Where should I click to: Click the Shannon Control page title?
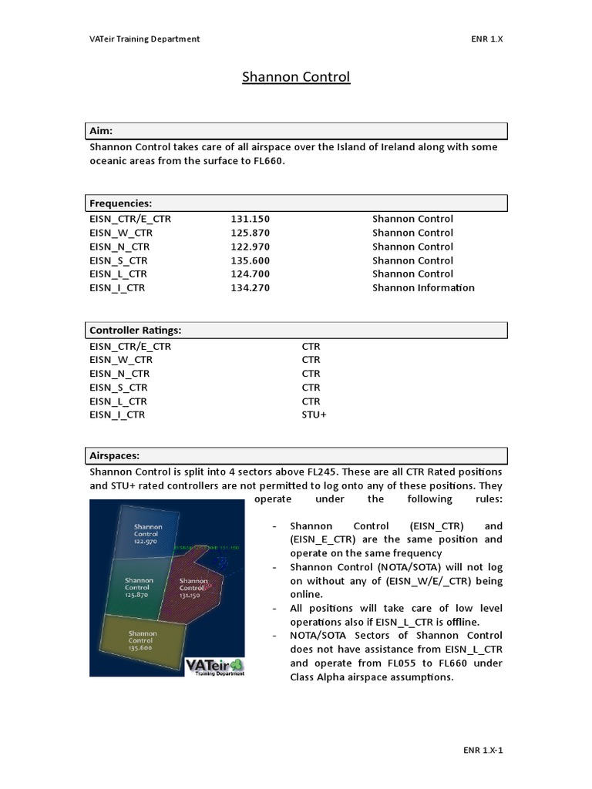pos(296,77)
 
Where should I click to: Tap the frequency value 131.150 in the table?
pos(250,219)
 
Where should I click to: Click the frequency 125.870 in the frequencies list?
pos(250,233)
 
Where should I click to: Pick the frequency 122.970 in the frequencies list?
pos(250,247)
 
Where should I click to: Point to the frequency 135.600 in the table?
pos(250,260)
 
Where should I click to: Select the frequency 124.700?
pos(250,274)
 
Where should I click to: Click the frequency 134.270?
pos(250,287)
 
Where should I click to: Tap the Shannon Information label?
pos(423,287)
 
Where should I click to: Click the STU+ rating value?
pos(314,415)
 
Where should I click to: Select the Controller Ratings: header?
pos(136,330)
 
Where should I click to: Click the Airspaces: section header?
pos(114,455)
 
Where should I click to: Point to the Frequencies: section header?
pos(121,203)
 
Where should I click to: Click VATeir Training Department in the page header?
pos(144,39)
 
